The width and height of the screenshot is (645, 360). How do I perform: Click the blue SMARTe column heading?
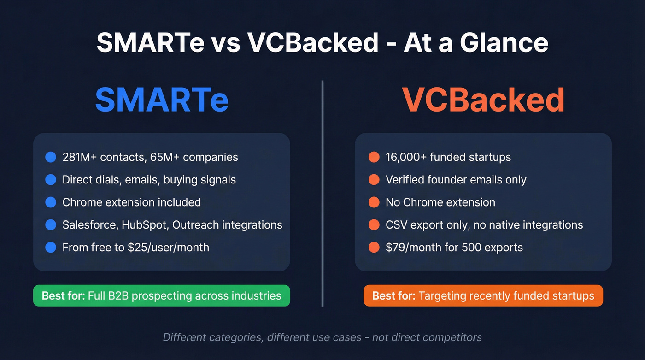coord(162,100)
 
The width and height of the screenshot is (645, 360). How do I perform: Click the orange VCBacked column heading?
coord(483,100)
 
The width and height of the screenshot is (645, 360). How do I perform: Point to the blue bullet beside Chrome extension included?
coord(51,202)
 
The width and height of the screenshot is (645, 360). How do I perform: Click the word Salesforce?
coord(90,225)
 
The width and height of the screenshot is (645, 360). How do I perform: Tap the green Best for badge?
coord(161,295)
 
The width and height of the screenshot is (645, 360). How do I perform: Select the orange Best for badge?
coord(483,295)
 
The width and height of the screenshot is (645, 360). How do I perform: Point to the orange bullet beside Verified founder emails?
coord(374,180)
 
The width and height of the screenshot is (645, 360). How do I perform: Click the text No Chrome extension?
coord(440,202)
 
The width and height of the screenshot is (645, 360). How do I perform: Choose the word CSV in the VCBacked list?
coord(396,225)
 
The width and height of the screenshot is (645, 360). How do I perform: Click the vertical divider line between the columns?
coord(322,194)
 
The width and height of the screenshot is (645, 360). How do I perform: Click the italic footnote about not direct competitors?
coord(322,337)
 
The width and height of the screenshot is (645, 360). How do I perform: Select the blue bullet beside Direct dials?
coord(51,180)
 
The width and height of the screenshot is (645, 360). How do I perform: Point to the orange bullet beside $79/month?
coord(374,248)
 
